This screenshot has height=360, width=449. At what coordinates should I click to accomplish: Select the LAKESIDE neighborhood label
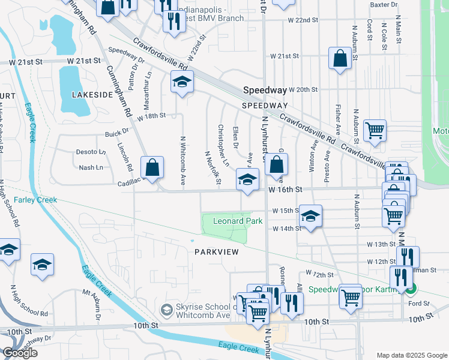92,95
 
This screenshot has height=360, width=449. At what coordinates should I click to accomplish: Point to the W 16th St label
283,190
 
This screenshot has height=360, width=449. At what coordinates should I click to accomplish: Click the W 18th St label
151,116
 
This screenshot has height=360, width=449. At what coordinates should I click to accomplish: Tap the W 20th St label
303,89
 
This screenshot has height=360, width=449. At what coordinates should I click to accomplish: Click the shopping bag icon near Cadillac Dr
152,167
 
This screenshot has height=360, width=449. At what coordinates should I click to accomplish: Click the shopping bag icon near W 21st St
340,59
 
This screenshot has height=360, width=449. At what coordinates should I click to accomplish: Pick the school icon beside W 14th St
310,216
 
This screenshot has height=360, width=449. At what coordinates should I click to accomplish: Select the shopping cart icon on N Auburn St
375,130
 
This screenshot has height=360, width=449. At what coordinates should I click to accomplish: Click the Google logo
20,353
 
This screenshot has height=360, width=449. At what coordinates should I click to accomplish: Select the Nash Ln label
87,168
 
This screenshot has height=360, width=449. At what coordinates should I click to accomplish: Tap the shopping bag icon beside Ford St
350,296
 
